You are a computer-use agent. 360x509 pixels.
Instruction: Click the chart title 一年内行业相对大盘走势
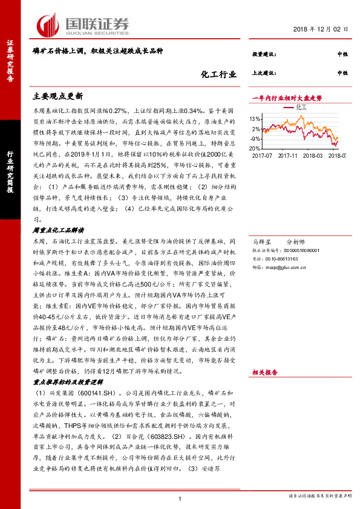286,97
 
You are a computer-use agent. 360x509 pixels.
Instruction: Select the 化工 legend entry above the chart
303,107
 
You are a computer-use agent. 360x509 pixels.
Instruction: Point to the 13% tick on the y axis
256,118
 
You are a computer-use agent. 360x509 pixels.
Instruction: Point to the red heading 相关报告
264,373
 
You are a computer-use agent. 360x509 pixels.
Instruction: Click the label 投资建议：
264,54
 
